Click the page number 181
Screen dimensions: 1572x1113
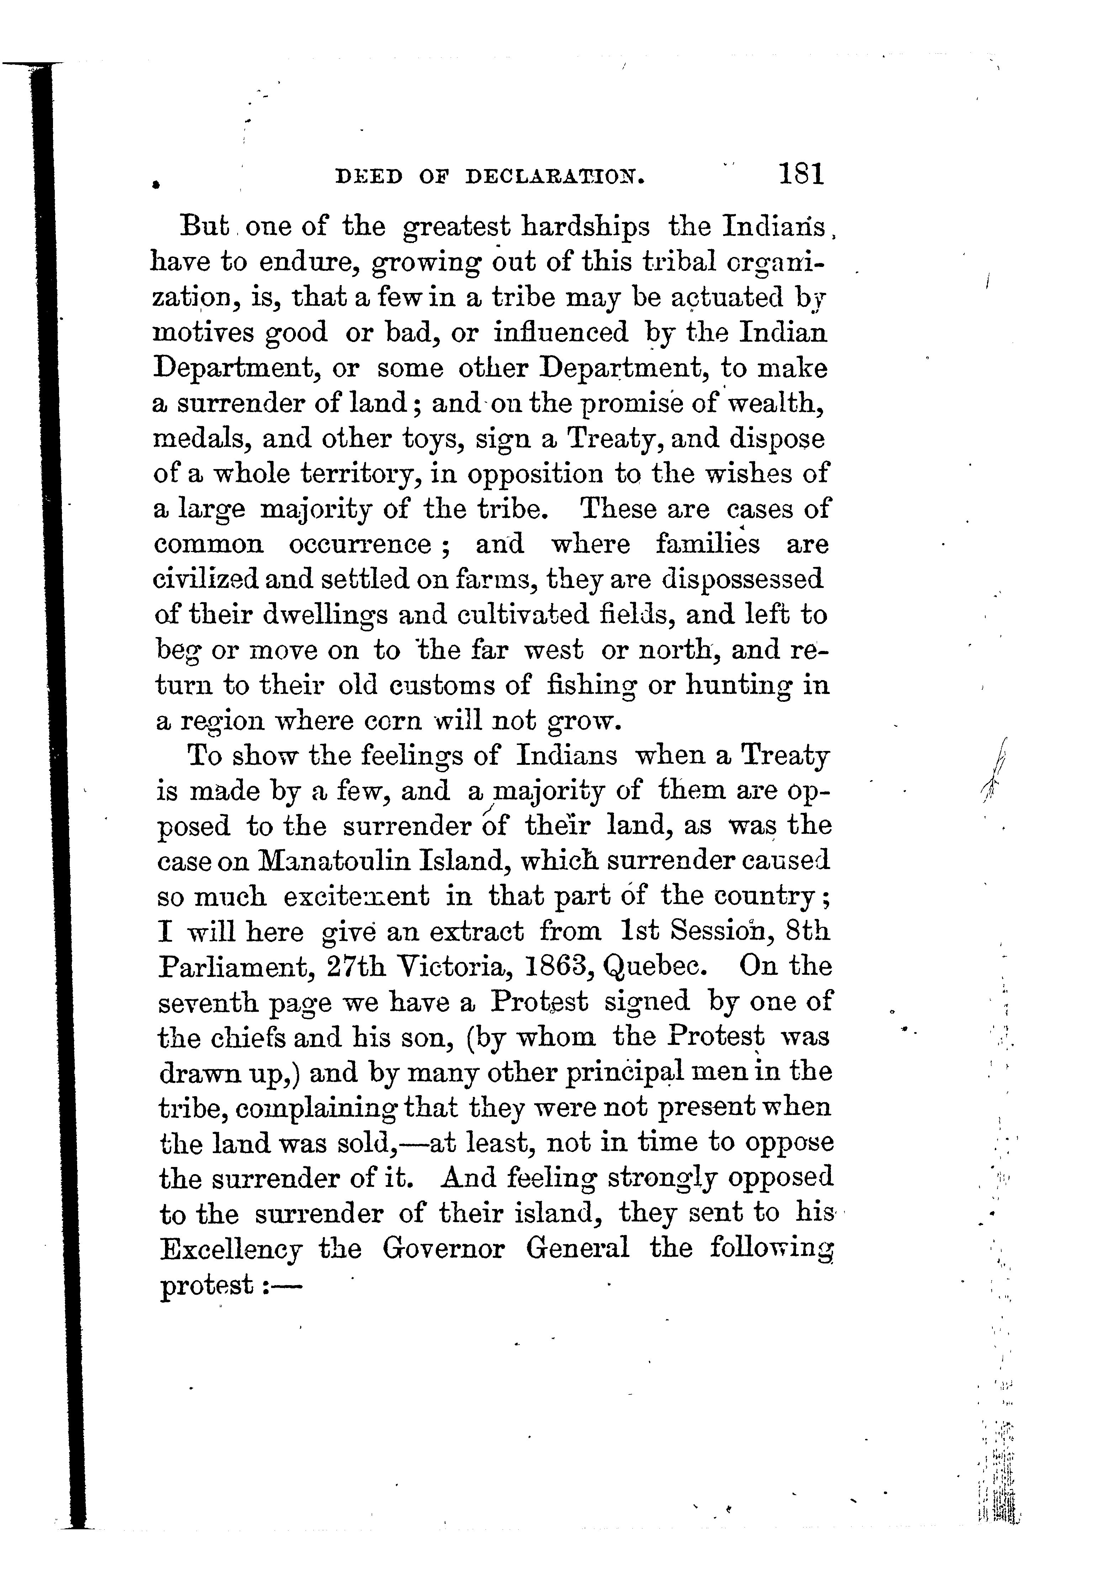point(800,175)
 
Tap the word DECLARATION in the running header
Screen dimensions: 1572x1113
point(555,178)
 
